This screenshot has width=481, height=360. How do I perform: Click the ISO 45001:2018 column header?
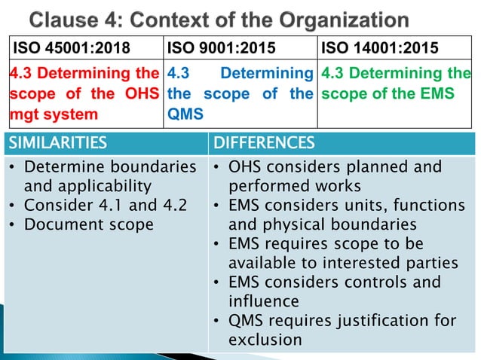coord(69,50)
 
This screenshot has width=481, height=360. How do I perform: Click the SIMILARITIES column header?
coord(54,142)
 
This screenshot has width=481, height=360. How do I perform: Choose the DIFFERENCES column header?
coord(263,142)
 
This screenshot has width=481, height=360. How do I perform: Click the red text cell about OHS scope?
coord(83,95)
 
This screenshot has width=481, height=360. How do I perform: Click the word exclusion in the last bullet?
coord(265,340)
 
